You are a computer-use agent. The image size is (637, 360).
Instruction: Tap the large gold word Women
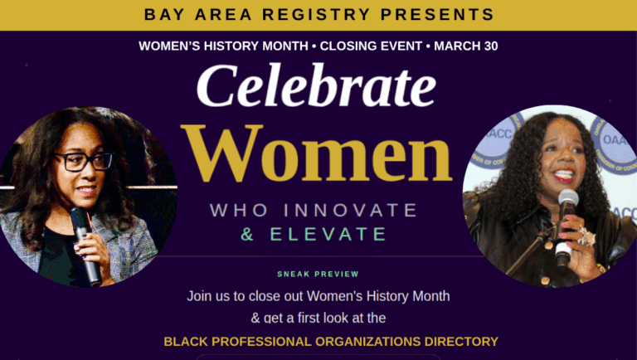[x=318, y=155]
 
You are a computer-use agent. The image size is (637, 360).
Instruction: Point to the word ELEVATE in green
[x=328, y=234]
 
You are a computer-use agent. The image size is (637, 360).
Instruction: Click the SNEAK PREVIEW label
[x=318, y=275]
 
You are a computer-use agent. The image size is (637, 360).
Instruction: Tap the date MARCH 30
[x=467, y=46]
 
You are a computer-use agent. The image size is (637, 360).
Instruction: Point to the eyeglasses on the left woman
[x=83, y=161]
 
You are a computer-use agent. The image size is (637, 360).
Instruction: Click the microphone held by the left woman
[x=85, y=241]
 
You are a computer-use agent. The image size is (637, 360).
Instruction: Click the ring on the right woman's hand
[x=586, y=237]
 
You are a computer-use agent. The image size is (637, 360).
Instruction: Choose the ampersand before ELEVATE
[x=247, y=234]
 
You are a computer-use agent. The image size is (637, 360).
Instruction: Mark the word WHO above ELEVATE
[x=239, y=210]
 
